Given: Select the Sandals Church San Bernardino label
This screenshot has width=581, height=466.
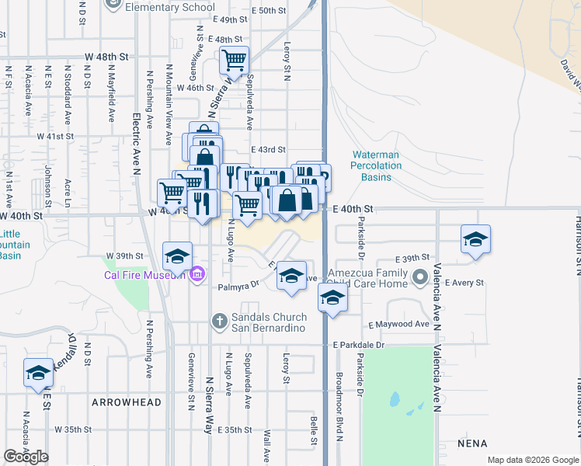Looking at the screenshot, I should [x=270, y=322].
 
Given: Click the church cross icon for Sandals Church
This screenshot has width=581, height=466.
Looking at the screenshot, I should [x=220, y=320].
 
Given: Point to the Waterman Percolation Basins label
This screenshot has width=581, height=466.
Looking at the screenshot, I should [x=375, y=165].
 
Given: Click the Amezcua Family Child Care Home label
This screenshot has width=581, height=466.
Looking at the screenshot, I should [x=367, y=278].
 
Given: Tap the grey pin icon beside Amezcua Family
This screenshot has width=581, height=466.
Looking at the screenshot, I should [x=420, y=276].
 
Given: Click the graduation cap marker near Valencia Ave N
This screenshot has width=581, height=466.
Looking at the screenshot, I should [x=475, y=238].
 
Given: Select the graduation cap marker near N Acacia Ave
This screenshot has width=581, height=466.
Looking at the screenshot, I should [x=38, y=373].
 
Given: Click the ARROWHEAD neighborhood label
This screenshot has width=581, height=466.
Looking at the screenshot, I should [x=126, y=402].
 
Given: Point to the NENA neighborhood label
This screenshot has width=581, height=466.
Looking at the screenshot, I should [x=472, y=443].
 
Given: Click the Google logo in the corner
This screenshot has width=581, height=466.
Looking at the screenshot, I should [x=26, y=457].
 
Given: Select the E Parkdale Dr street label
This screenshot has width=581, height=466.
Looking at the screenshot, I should [x=358, y=345].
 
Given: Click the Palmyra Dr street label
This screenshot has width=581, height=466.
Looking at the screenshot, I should [x=238, y=286].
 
